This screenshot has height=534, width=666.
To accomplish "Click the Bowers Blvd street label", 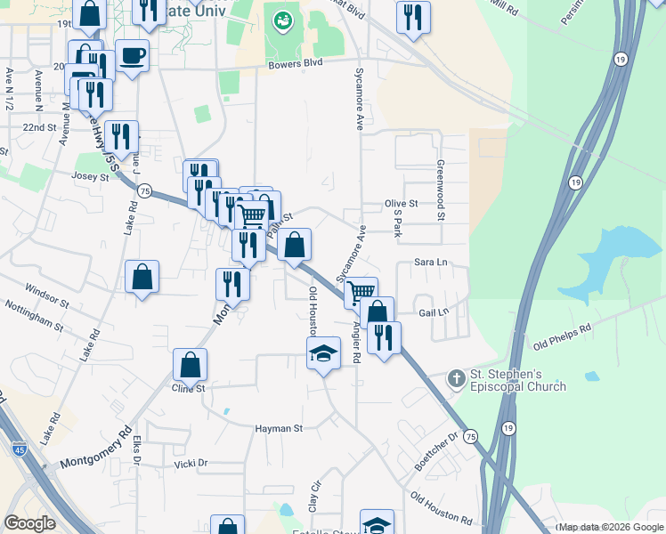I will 295,65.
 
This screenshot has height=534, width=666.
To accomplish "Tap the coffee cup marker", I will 132,55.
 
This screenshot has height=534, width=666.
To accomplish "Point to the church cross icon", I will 456,379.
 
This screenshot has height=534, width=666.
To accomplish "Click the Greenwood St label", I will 440,190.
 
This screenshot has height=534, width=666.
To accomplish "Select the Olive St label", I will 401,204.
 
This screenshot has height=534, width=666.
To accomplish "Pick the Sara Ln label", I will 430,263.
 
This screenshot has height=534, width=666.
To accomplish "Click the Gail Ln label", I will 433,311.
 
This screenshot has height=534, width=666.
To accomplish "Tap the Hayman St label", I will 280,428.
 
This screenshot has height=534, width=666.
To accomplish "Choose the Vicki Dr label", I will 191,463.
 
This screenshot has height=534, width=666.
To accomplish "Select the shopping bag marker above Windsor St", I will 142,277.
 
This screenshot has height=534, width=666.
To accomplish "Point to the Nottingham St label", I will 32,316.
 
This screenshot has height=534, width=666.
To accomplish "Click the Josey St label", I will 91,177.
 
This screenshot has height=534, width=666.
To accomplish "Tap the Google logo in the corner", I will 29,522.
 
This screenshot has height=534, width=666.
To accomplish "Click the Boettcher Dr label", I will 447,449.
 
